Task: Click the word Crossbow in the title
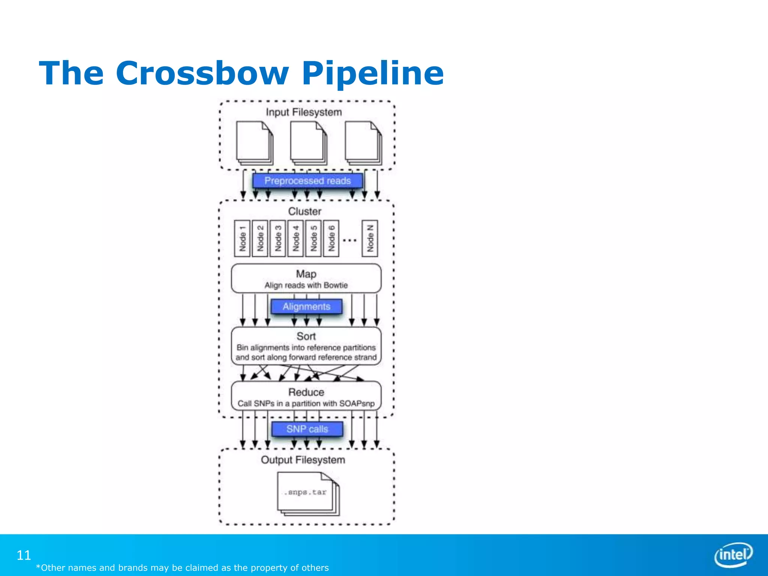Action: pos(202,73)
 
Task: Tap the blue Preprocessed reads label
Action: pos(307,181)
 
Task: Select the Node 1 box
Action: pos(242,238)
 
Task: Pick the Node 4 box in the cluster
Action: pos(295,238)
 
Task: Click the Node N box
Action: pos(370,238)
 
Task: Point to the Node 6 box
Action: pos(331,238)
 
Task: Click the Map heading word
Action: pos(306,274)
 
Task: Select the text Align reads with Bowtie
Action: pos(306,285)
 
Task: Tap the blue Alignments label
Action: pos(306,306)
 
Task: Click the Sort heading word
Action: pos(306,336)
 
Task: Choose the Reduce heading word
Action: pos(306,392)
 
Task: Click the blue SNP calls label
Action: pos(307,429)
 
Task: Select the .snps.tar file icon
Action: pos(307,493)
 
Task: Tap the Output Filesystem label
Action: pos(303,460)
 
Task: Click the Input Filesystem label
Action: pos(304,112)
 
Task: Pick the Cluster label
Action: pos(304,211)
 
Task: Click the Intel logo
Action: pos(733,555)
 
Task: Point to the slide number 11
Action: pos(24,555)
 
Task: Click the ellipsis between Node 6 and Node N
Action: pos(350,240)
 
